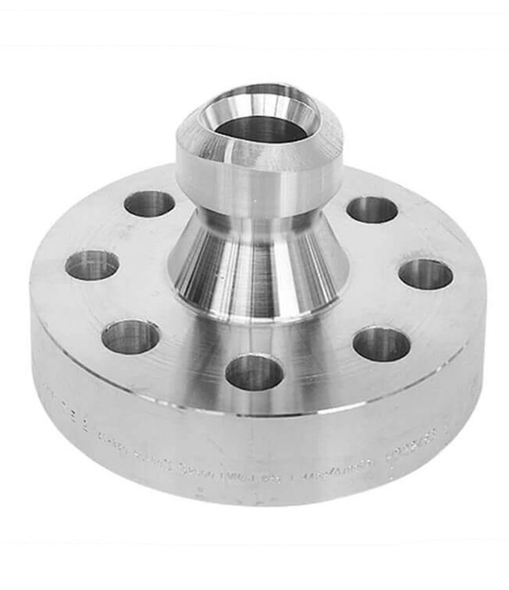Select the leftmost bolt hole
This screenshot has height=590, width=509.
(92, 265)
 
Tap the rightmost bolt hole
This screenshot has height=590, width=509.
(426, 274)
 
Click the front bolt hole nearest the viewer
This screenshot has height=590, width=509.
(254, 372)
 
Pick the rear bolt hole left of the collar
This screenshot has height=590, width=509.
(149, 204)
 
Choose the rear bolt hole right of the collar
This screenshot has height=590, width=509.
(372, 210)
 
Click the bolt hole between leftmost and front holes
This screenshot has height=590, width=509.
(131, 337)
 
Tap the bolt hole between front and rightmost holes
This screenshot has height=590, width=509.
(382, 344)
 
